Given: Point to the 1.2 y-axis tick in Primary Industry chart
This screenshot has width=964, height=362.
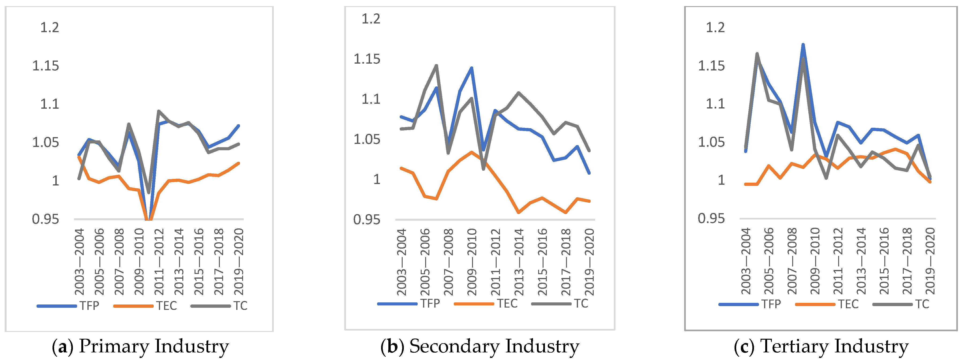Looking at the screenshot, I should tap(49, 27).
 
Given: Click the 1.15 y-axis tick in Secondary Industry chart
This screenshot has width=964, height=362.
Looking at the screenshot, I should tap(367, 59).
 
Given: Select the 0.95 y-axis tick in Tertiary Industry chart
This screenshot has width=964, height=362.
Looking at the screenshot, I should tap(711, 218).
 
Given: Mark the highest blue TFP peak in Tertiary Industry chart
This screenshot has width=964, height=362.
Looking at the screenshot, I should tap(803, 45).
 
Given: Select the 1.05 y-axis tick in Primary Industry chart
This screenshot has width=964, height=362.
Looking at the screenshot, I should tap(46, 142).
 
